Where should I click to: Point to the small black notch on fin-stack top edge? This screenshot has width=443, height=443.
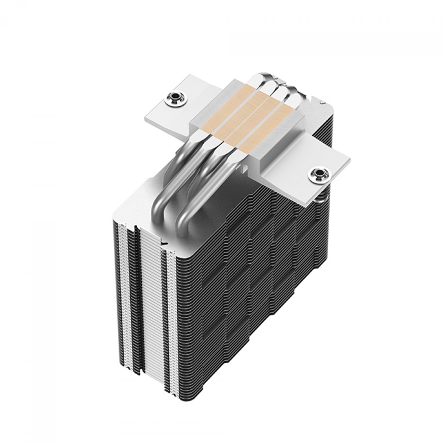pyautogui.click(x=165, y=243)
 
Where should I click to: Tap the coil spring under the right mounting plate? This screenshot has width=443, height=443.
pyautogui.click(x=321, y=192)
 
